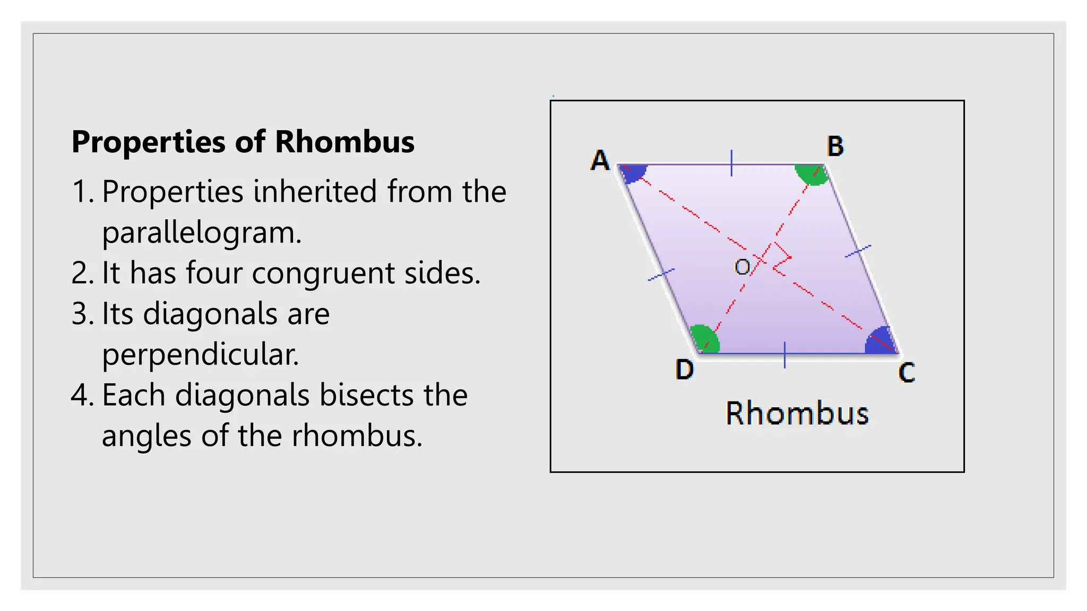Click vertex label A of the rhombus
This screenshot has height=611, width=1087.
point(600,160)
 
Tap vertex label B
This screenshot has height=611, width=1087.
point(835,146)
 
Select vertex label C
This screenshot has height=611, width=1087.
point(907,372)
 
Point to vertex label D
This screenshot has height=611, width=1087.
point(684,369)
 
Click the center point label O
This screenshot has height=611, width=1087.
point(742,266)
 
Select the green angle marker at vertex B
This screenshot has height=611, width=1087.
point(811,174)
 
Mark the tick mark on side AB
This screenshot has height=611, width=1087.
point(731,163)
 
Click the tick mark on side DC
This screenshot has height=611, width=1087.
point(784,355)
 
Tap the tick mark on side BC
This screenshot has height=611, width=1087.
point(858,251)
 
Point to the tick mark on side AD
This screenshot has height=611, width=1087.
point(661,275)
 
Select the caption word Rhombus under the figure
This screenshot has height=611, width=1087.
point(797,414)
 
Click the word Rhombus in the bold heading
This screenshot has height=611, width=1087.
point(344,142)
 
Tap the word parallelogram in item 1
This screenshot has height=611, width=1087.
point(202,233)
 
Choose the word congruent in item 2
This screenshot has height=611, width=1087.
point(323,273)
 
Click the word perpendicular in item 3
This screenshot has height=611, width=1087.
point(200,355)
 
